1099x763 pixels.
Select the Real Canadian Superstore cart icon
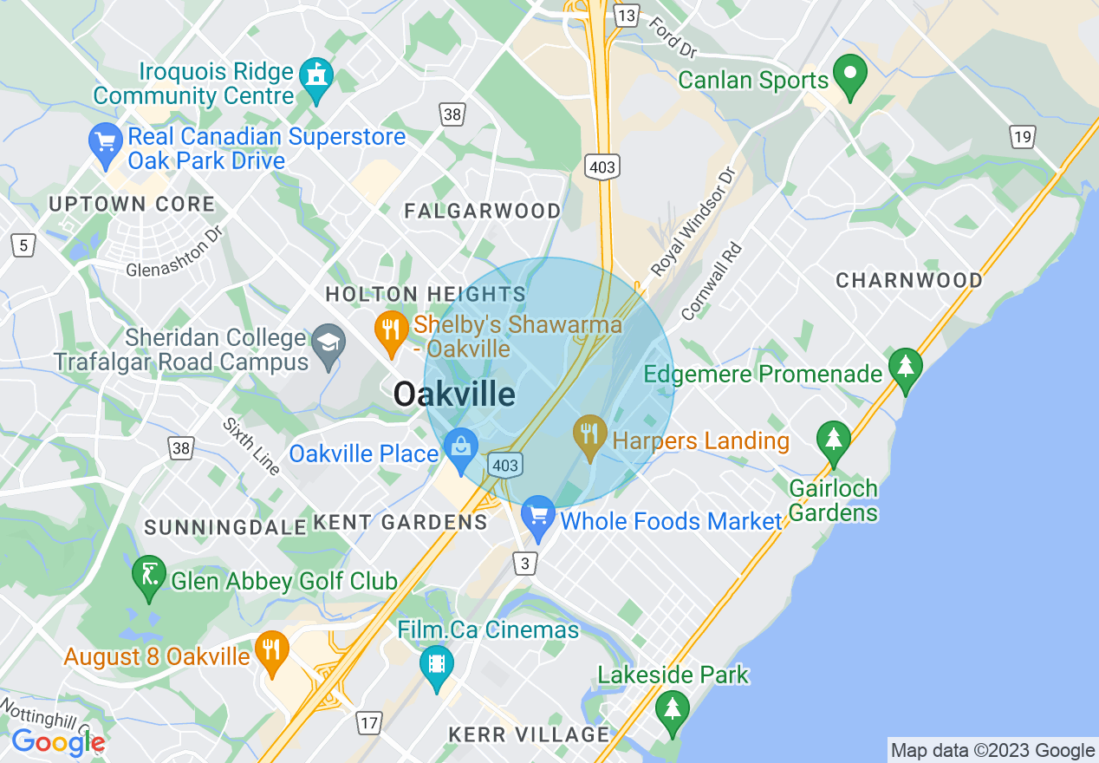point(106,146)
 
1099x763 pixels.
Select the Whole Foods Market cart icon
point(538,518)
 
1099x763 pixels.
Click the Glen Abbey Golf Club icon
point(149,577)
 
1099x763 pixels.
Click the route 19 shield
point(1023,136)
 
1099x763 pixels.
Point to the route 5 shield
point(23,245)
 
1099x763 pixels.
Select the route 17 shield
point(369,721)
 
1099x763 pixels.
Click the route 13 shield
point(626,15)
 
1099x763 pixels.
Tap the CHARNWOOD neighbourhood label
point(909,280)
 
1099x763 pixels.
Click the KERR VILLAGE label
point(529,734)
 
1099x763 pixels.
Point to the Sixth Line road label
point(251,447)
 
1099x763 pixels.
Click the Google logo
point(57,742)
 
